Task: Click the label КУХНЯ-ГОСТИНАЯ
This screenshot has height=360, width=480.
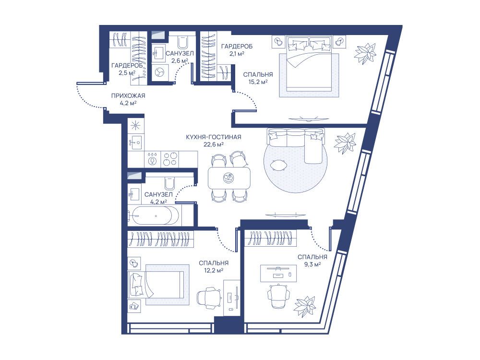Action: pos(214,137)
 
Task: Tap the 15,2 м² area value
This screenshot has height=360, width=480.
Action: pos(258,82)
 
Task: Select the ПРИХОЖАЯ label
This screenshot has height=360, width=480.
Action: pos(128,96)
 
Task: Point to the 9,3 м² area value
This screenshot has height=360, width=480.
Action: pos(312,264)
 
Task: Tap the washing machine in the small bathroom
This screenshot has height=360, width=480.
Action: pos(159,72)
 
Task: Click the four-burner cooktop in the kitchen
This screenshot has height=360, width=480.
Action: pos(169,159)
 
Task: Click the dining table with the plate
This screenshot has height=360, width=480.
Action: pos(229,178)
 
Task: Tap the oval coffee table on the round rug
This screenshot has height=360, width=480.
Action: pos(279,165)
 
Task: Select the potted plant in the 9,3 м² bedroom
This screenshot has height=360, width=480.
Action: pos(305,307)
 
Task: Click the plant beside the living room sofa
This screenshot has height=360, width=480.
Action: pos(345,143)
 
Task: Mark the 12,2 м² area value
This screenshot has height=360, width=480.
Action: pos(214,270)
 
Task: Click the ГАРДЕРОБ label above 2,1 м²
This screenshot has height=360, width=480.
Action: pos(237,47)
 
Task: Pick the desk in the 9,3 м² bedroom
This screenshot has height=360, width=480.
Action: pos(278,274)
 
